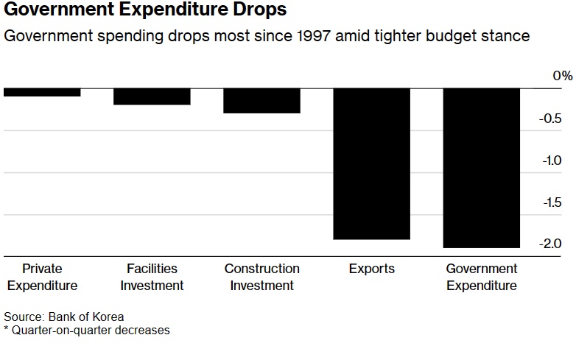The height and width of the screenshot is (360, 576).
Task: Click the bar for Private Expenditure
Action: (42, 92)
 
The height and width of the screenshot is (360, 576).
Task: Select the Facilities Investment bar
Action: (152, 96)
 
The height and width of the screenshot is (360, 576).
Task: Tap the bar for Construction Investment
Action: (261, 101)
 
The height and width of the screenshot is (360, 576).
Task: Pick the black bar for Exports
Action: (371, 163)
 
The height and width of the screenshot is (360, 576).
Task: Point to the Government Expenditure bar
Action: (482, 168)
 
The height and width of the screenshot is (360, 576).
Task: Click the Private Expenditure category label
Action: (42, 277)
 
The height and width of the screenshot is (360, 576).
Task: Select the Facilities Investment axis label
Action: (152, 277)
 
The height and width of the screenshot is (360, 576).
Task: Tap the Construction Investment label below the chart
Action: (261, 277)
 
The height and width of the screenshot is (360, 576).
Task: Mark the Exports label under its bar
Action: (371, 269)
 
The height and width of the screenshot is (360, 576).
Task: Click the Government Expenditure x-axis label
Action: (482, 277)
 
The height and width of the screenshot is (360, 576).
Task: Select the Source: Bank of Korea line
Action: (63, 317)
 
